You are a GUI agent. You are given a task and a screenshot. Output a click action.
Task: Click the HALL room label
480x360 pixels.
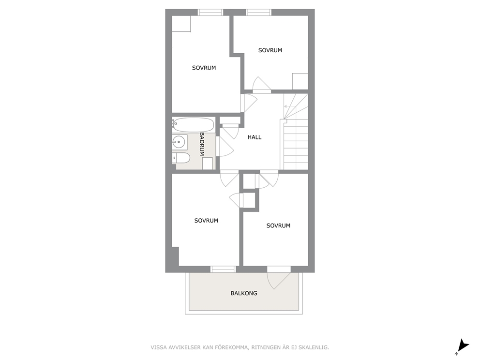point(255,137)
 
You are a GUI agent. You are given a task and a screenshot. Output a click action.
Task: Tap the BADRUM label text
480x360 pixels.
point(202,144)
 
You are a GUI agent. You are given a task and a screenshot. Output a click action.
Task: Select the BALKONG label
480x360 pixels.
point(244,293)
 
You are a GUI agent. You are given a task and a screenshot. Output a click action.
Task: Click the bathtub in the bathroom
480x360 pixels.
point(193,124)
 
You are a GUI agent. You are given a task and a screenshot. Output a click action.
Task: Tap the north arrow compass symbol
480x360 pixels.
point(463,346)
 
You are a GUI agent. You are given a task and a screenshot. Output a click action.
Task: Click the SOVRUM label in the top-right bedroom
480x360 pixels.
point(270,50)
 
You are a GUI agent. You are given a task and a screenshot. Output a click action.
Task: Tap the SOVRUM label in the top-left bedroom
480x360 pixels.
point(204,68)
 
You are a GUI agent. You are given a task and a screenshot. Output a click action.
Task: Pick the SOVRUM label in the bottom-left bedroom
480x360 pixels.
point(206,221)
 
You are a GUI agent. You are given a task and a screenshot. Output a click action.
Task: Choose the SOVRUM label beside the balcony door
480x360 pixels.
point(278,225)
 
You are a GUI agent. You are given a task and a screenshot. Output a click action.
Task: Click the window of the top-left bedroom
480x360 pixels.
point(210,12)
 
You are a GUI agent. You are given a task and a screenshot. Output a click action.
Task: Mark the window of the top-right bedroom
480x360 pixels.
point(259,12)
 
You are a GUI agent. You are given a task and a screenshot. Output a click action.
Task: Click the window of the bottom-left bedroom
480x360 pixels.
point(223,269)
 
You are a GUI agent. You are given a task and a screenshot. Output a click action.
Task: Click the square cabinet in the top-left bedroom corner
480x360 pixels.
point(181,24)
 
